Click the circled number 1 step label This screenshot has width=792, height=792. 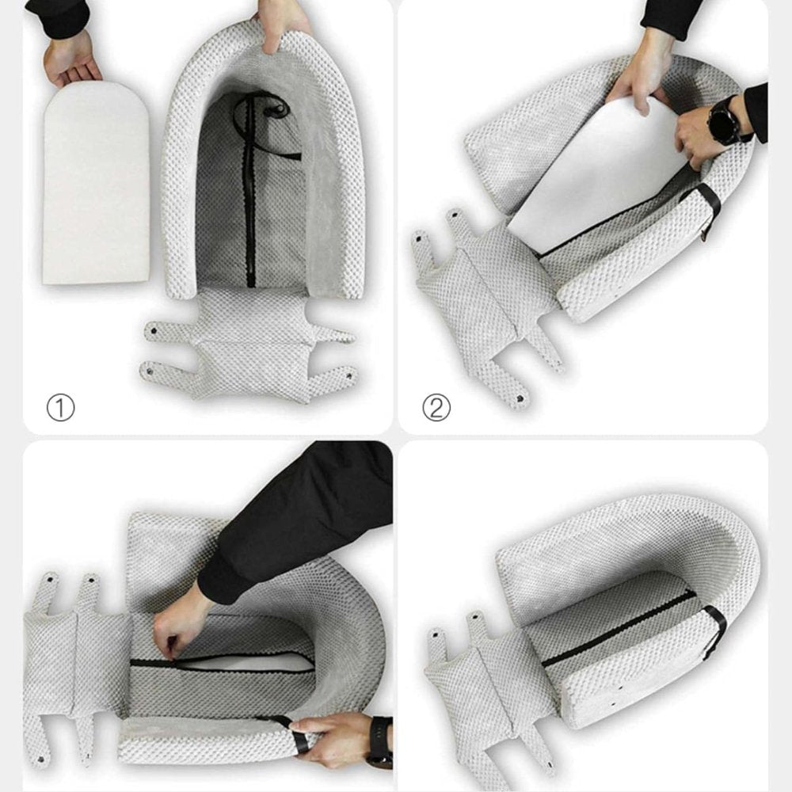61,408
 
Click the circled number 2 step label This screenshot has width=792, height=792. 436,408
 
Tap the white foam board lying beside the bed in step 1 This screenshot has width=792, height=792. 96,182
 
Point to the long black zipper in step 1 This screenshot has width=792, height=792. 249,192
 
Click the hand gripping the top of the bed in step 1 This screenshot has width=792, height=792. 280,26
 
